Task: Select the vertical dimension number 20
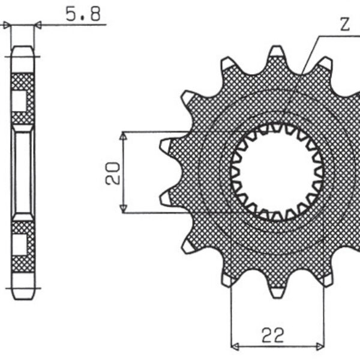click(113, 172)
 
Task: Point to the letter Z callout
click(344, 25)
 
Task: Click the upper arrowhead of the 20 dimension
click(123, 136)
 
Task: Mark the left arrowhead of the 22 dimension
click(235, 346)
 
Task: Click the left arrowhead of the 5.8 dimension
click(8, 25)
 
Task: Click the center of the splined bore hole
click(277, 171)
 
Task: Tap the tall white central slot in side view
click(22, 173)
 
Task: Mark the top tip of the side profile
click(22, 49)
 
